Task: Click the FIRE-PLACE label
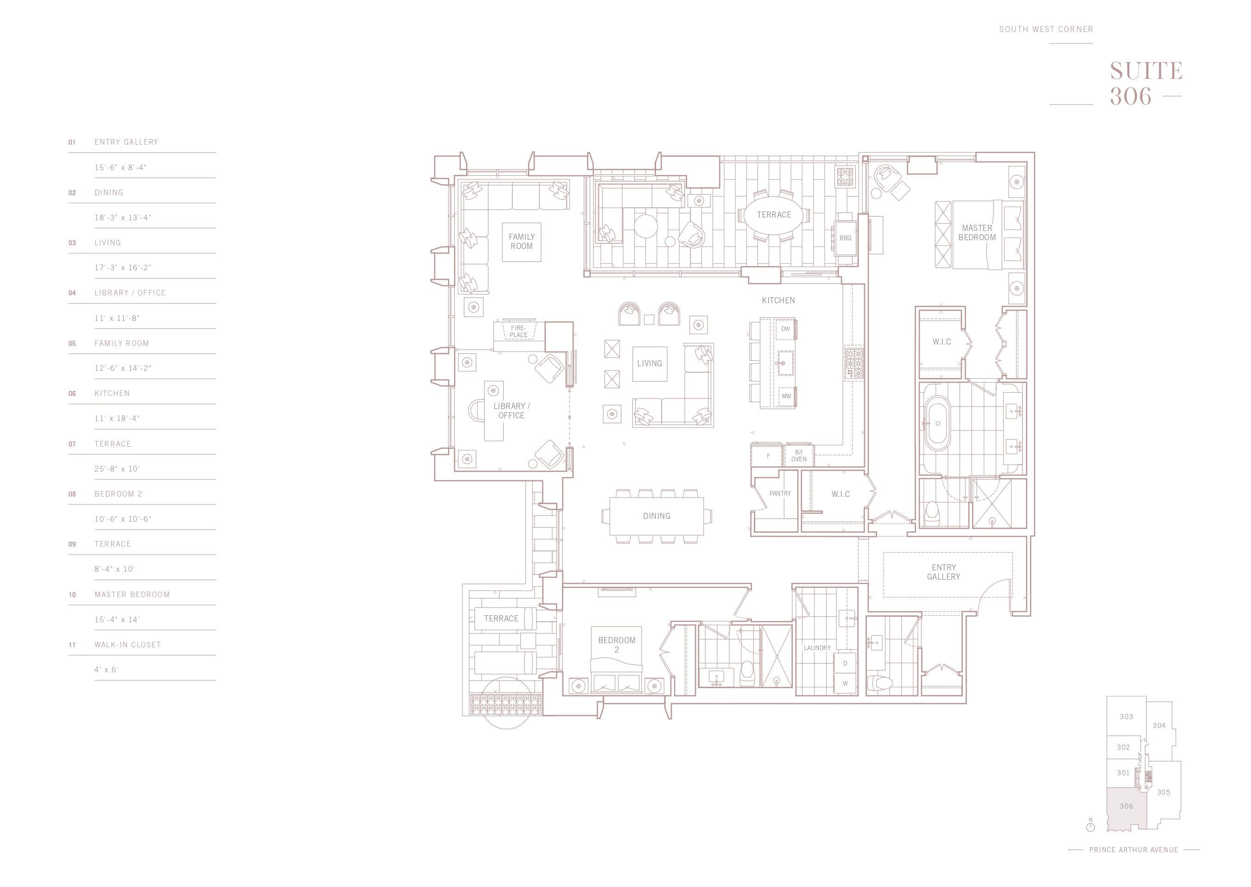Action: [x=518, y=332]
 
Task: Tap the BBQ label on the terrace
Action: [x=845, y=238]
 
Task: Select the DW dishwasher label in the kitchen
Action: [x=785, y=329]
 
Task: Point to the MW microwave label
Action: [x=786, y=396]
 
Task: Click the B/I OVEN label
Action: [x=798, y=455]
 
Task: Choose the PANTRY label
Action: [x=780, y=493]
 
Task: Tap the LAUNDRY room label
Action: [x=817, y=648]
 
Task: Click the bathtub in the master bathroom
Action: [x=937, y=424]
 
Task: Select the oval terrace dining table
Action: [x=774, y=215]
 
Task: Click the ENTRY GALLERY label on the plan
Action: [x=943, y=572]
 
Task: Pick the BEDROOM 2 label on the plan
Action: [x=617, y=645]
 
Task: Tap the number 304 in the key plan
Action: [x=1159, y=725]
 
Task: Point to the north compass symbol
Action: [x=1091, y=826]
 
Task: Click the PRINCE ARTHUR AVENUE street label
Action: [x=1133, y=850]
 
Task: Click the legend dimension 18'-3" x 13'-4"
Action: [x=123, y=217]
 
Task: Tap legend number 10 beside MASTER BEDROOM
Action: [x=72, y=595]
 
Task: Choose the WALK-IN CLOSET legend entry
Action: [x=128, y=645]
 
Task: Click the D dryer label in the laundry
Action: [x=845, y=663]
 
